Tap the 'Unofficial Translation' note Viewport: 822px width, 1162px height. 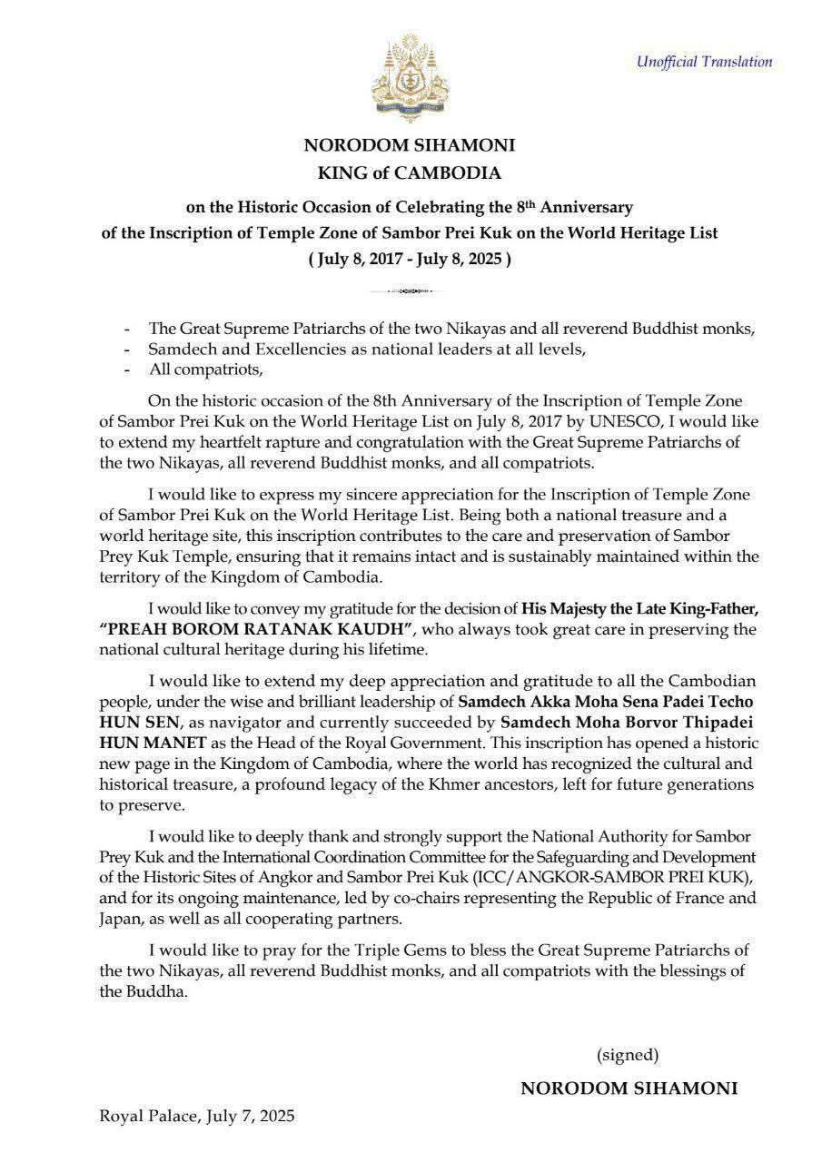[704, 62]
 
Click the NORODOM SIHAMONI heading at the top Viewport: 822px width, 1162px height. [409, 145]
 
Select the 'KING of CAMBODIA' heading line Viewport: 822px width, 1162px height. [409, 172]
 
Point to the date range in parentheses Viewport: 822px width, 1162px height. [410, 258]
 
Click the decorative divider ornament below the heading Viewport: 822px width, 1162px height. [410, 291]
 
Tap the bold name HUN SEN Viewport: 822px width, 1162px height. [133, 723]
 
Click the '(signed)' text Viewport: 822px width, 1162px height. [628, 1055]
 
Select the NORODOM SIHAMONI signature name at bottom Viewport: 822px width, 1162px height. [629, 1088]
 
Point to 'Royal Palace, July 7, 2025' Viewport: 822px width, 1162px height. [198, 1115]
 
